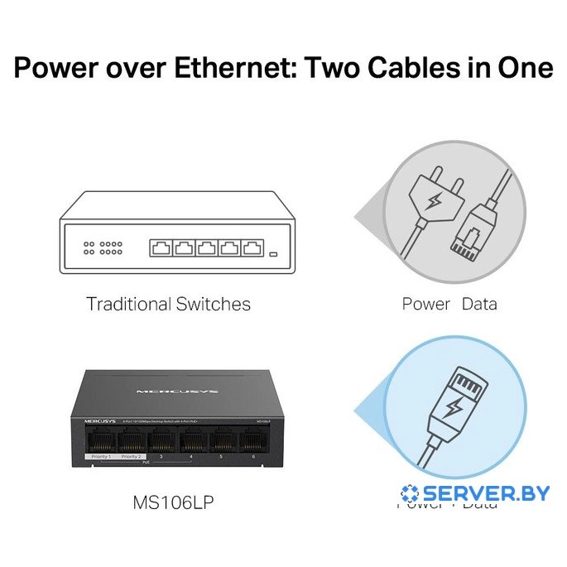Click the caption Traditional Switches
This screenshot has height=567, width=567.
168,305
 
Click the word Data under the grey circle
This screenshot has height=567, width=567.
479,305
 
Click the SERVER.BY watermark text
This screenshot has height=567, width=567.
485,493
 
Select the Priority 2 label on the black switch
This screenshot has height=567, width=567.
132,457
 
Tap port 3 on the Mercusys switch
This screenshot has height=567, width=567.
161,441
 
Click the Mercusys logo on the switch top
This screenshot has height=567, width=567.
164,388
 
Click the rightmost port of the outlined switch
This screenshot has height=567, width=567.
252,247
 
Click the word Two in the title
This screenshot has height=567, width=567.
335,67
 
